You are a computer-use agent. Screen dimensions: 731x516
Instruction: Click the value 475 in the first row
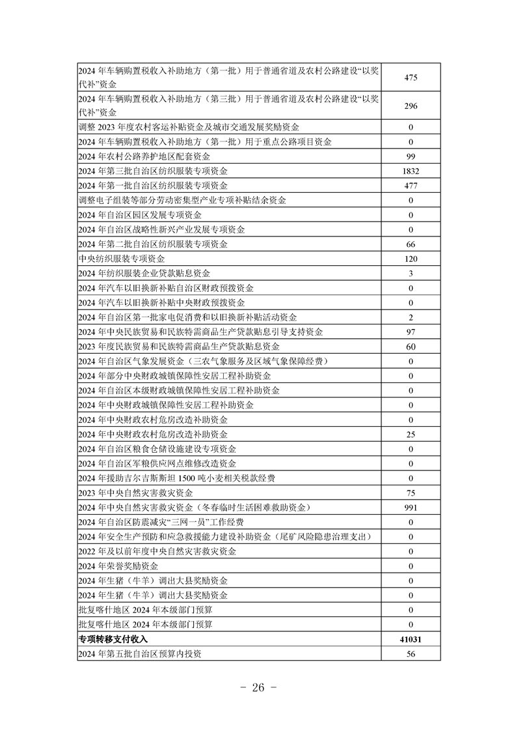pos(411,78)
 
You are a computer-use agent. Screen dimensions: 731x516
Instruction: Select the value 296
pos(411,107)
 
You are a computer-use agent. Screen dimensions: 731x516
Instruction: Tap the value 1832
pos(411,171)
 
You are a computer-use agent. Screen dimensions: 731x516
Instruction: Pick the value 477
pos(411,186)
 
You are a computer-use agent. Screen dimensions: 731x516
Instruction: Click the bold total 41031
pos(411,640)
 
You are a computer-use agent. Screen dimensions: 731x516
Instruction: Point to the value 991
pos(411,508)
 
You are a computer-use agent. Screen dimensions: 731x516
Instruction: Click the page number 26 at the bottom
pos(258,688)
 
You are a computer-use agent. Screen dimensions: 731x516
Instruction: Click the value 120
pos(411,259)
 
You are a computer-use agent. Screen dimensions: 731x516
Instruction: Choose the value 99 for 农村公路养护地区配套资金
pos(411,156)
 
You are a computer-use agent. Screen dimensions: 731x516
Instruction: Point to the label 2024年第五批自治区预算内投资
pos(139,654)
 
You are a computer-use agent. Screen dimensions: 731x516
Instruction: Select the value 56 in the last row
pos(411,654)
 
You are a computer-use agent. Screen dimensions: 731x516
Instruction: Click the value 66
pos(411,244)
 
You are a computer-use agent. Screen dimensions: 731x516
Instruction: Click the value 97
pos(411,332)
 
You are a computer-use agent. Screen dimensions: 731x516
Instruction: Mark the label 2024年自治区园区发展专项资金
pos(139,215)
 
